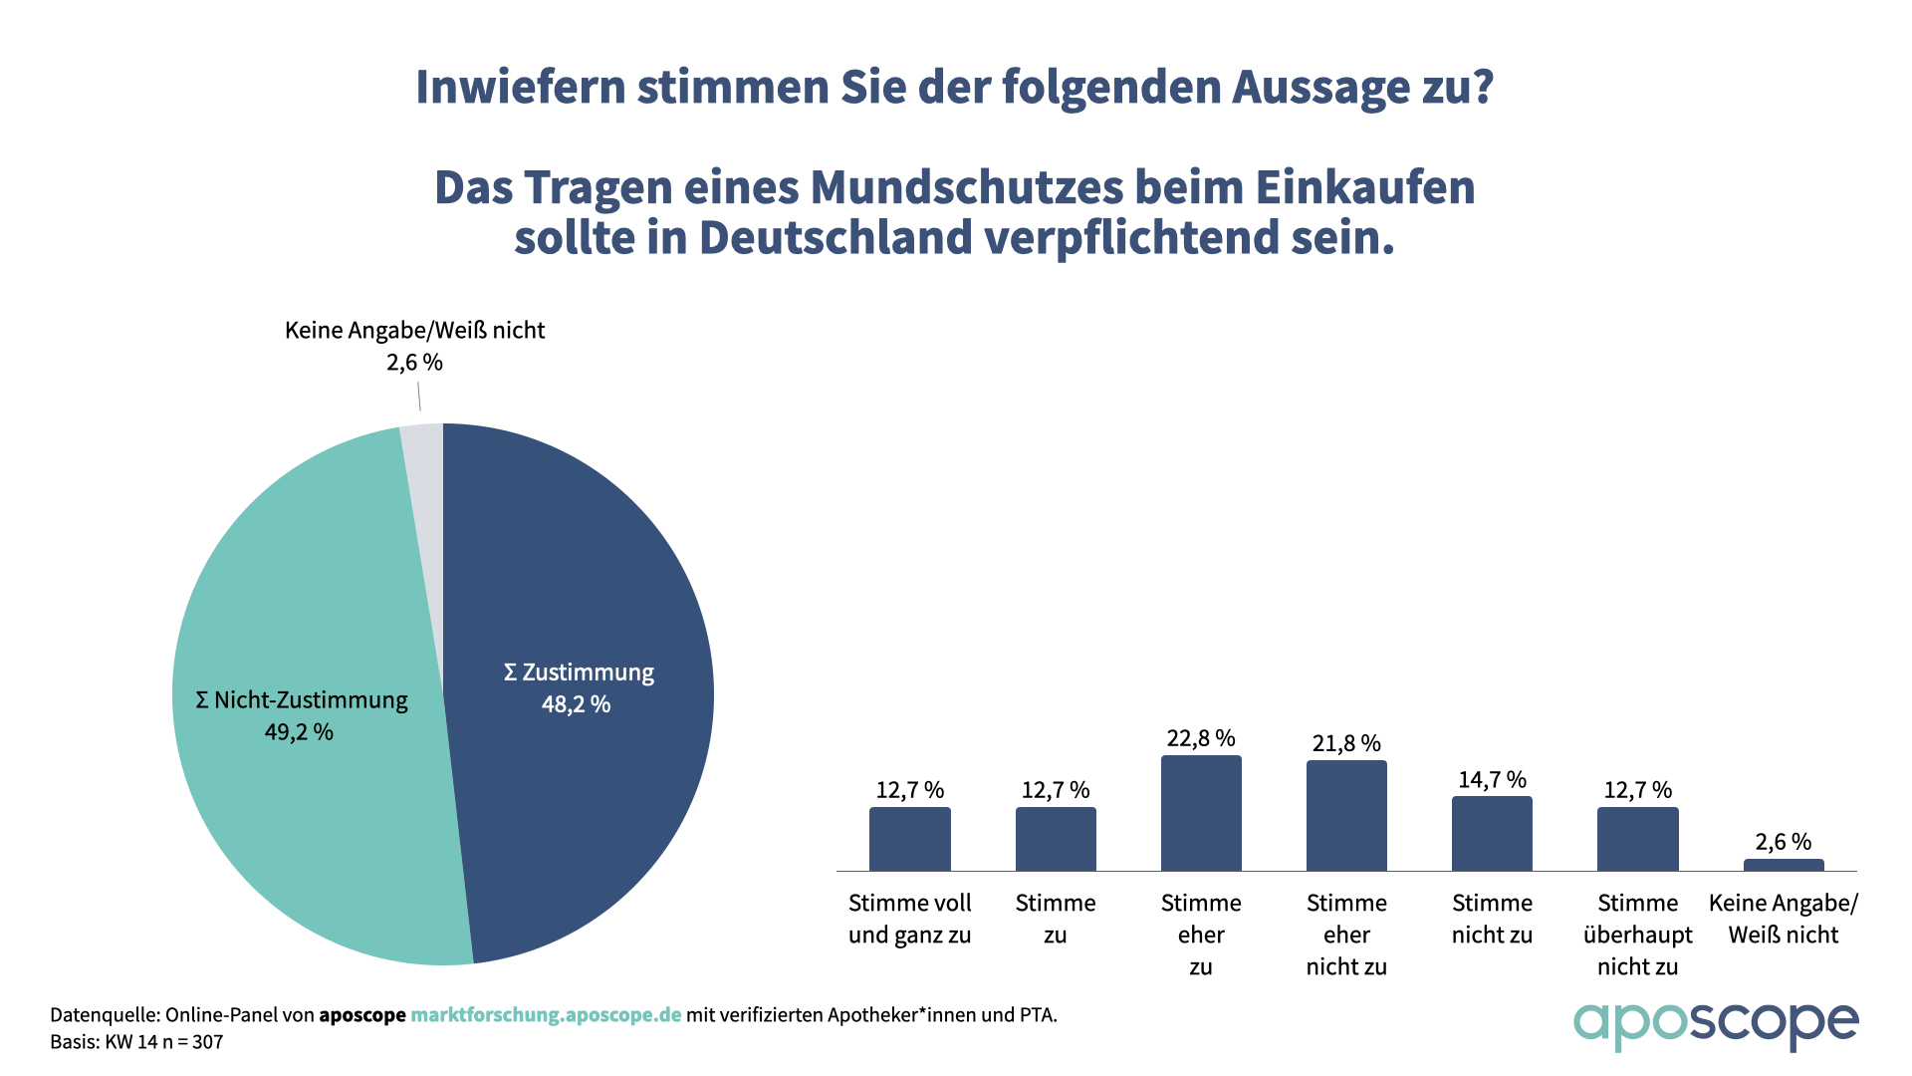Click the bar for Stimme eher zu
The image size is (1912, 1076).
click(1201, 813)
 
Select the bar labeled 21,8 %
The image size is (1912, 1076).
click(1346, 816)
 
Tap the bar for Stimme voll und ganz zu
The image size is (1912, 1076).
click(909, 839)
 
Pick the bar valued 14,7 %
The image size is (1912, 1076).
click(1492, 834)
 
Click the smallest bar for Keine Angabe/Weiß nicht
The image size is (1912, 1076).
click(1784, 865)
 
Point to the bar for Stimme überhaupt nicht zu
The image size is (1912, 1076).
click(1637, 839)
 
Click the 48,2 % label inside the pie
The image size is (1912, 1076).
click(576, 704)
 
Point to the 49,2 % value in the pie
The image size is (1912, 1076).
click(299, 732)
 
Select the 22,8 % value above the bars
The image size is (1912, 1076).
click(1201, 738)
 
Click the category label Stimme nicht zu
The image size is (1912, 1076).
click(1492, 919)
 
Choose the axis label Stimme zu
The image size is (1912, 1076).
click(1056, 919)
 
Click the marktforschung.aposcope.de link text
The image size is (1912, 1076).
click(546, 1015)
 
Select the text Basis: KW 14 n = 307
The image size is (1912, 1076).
click(136, 1042)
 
